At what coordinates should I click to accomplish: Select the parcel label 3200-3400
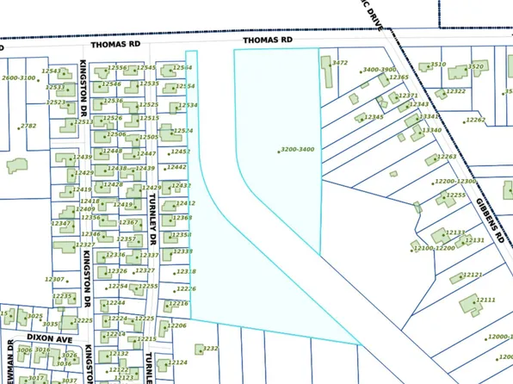point(298,150)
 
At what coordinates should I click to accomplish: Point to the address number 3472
point(340,63)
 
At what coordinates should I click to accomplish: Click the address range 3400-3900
point(380,70)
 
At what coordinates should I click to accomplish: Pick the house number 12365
point(399,77)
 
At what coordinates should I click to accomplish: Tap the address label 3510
point(438,65)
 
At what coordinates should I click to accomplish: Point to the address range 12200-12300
point(455,182)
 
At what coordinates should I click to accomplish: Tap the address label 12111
point(486,300)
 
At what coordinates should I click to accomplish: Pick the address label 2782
point(28,126)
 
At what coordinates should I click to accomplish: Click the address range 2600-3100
point(19,78)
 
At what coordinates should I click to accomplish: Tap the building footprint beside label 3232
point(187,350)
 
